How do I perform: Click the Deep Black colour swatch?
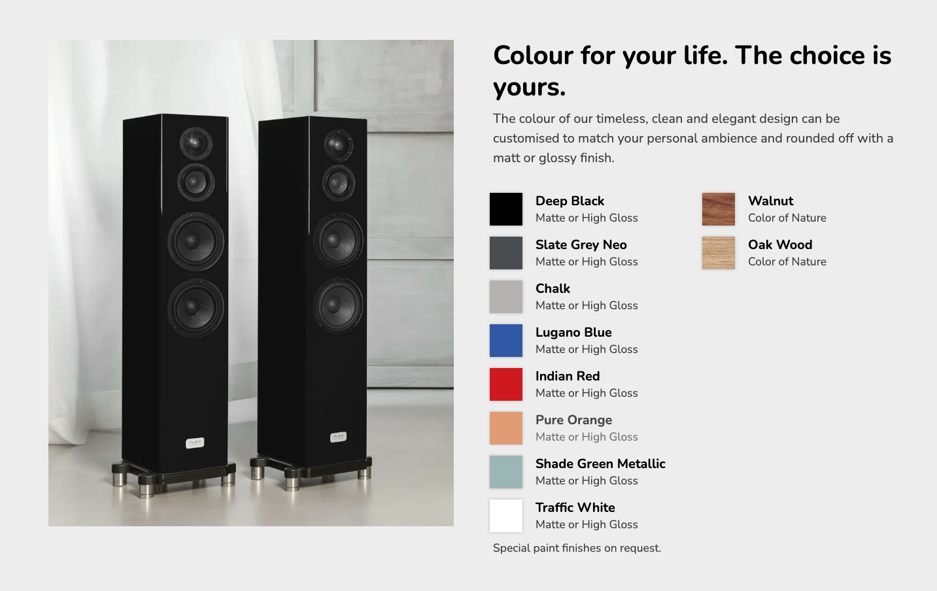click(505, 209)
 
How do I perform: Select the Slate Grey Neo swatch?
click(505, 253)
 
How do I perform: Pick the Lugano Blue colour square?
click(505, 341)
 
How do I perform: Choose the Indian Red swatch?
click(505, 384)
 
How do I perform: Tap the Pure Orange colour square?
click(505, 428)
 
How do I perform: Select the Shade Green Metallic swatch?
click(505, 472)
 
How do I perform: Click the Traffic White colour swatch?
click(505, 516)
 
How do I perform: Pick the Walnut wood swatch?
click(718, 209)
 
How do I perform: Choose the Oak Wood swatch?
click(718, 253)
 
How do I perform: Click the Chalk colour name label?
click(553, 288)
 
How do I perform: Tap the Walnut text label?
click(770, 201)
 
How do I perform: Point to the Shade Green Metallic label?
click(600, 464)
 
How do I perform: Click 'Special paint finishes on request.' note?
click(577, 548)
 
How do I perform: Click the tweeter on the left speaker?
click(196, 143)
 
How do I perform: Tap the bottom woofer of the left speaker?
click(196, 309)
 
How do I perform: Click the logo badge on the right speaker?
click(338, 437)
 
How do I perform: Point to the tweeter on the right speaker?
click(339, 145)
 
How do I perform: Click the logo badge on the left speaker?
click(195, 443)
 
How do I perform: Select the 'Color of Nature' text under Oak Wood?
click(787, 262)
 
